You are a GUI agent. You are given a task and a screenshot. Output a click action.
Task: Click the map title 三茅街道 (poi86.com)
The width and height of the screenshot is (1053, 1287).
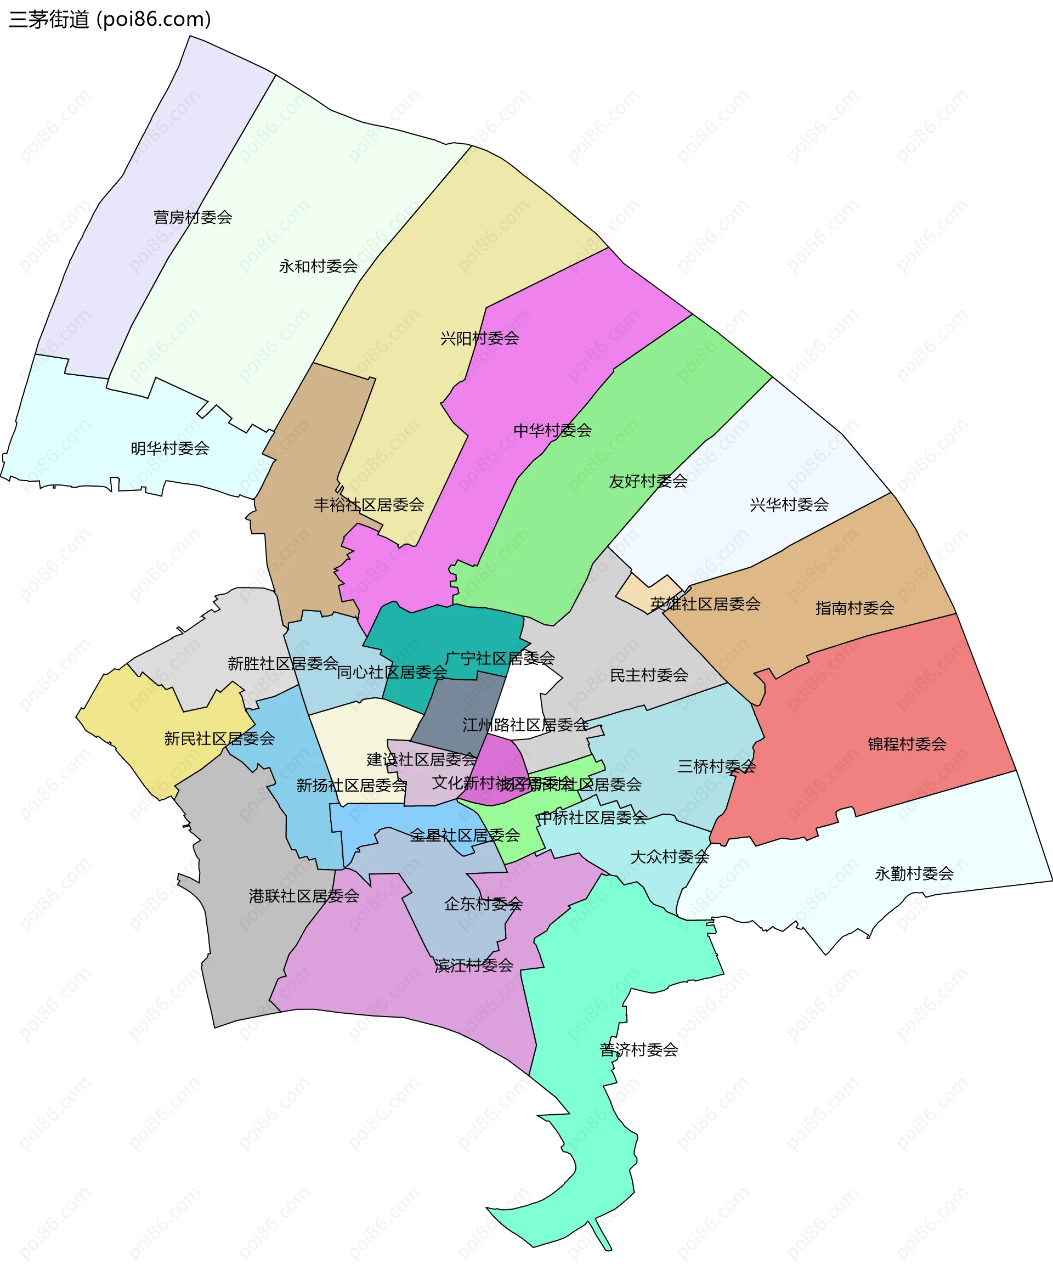pos(110,19)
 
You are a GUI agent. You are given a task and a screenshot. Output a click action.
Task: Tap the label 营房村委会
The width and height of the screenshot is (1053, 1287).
pos(193,217)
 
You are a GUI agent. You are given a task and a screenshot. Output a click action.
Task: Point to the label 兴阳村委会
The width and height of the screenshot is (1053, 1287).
pos(479,338)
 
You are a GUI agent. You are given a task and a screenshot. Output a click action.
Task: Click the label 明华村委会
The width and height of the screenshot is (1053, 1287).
pos(170,448)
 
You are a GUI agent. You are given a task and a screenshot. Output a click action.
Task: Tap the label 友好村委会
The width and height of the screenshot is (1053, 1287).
pos(648,481)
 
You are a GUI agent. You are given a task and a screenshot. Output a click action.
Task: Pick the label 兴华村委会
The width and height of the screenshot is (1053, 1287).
pos(789,504)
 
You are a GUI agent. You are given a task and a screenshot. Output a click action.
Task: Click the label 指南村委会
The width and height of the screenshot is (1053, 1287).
pos(854,607)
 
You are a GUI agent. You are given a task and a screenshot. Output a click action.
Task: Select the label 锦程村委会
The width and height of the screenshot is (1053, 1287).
pos(906,744)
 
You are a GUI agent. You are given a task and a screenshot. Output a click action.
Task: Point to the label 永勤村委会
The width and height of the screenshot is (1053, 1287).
pos(914,873)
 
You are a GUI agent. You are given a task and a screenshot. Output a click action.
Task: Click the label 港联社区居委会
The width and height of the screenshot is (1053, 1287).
pos(304,896)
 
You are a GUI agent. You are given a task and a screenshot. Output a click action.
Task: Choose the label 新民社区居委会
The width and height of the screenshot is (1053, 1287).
pos(219,738)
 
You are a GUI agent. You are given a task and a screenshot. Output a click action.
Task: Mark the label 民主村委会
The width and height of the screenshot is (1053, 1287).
pos(648,675)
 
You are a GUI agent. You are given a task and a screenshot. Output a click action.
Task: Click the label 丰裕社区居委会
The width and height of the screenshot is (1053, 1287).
pos(369,504)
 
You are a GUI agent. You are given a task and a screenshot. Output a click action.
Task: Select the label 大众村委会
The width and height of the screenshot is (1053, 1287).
pos(669,857)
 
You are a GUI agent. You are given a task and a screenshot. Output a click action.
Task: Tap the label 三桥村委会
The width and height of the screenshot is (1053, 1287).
pos(716,766)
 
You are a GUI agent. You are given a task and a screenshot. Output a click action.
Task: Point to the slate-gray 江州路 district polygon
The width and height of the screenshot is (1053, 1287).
pos(458,710)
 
